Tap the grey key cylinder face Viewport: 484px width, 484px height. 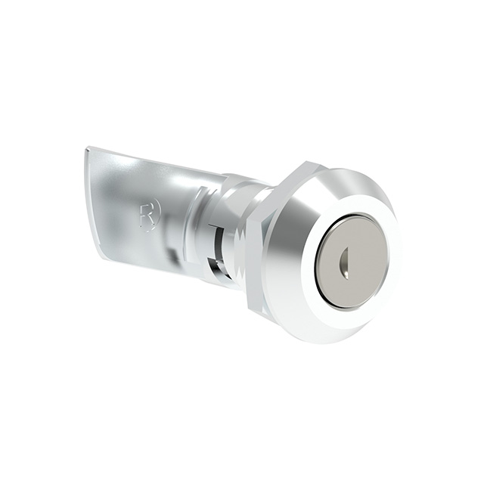click(x=354, y=253)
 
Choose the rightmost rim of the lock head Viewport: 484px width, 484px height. click(x=400, y=250)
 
